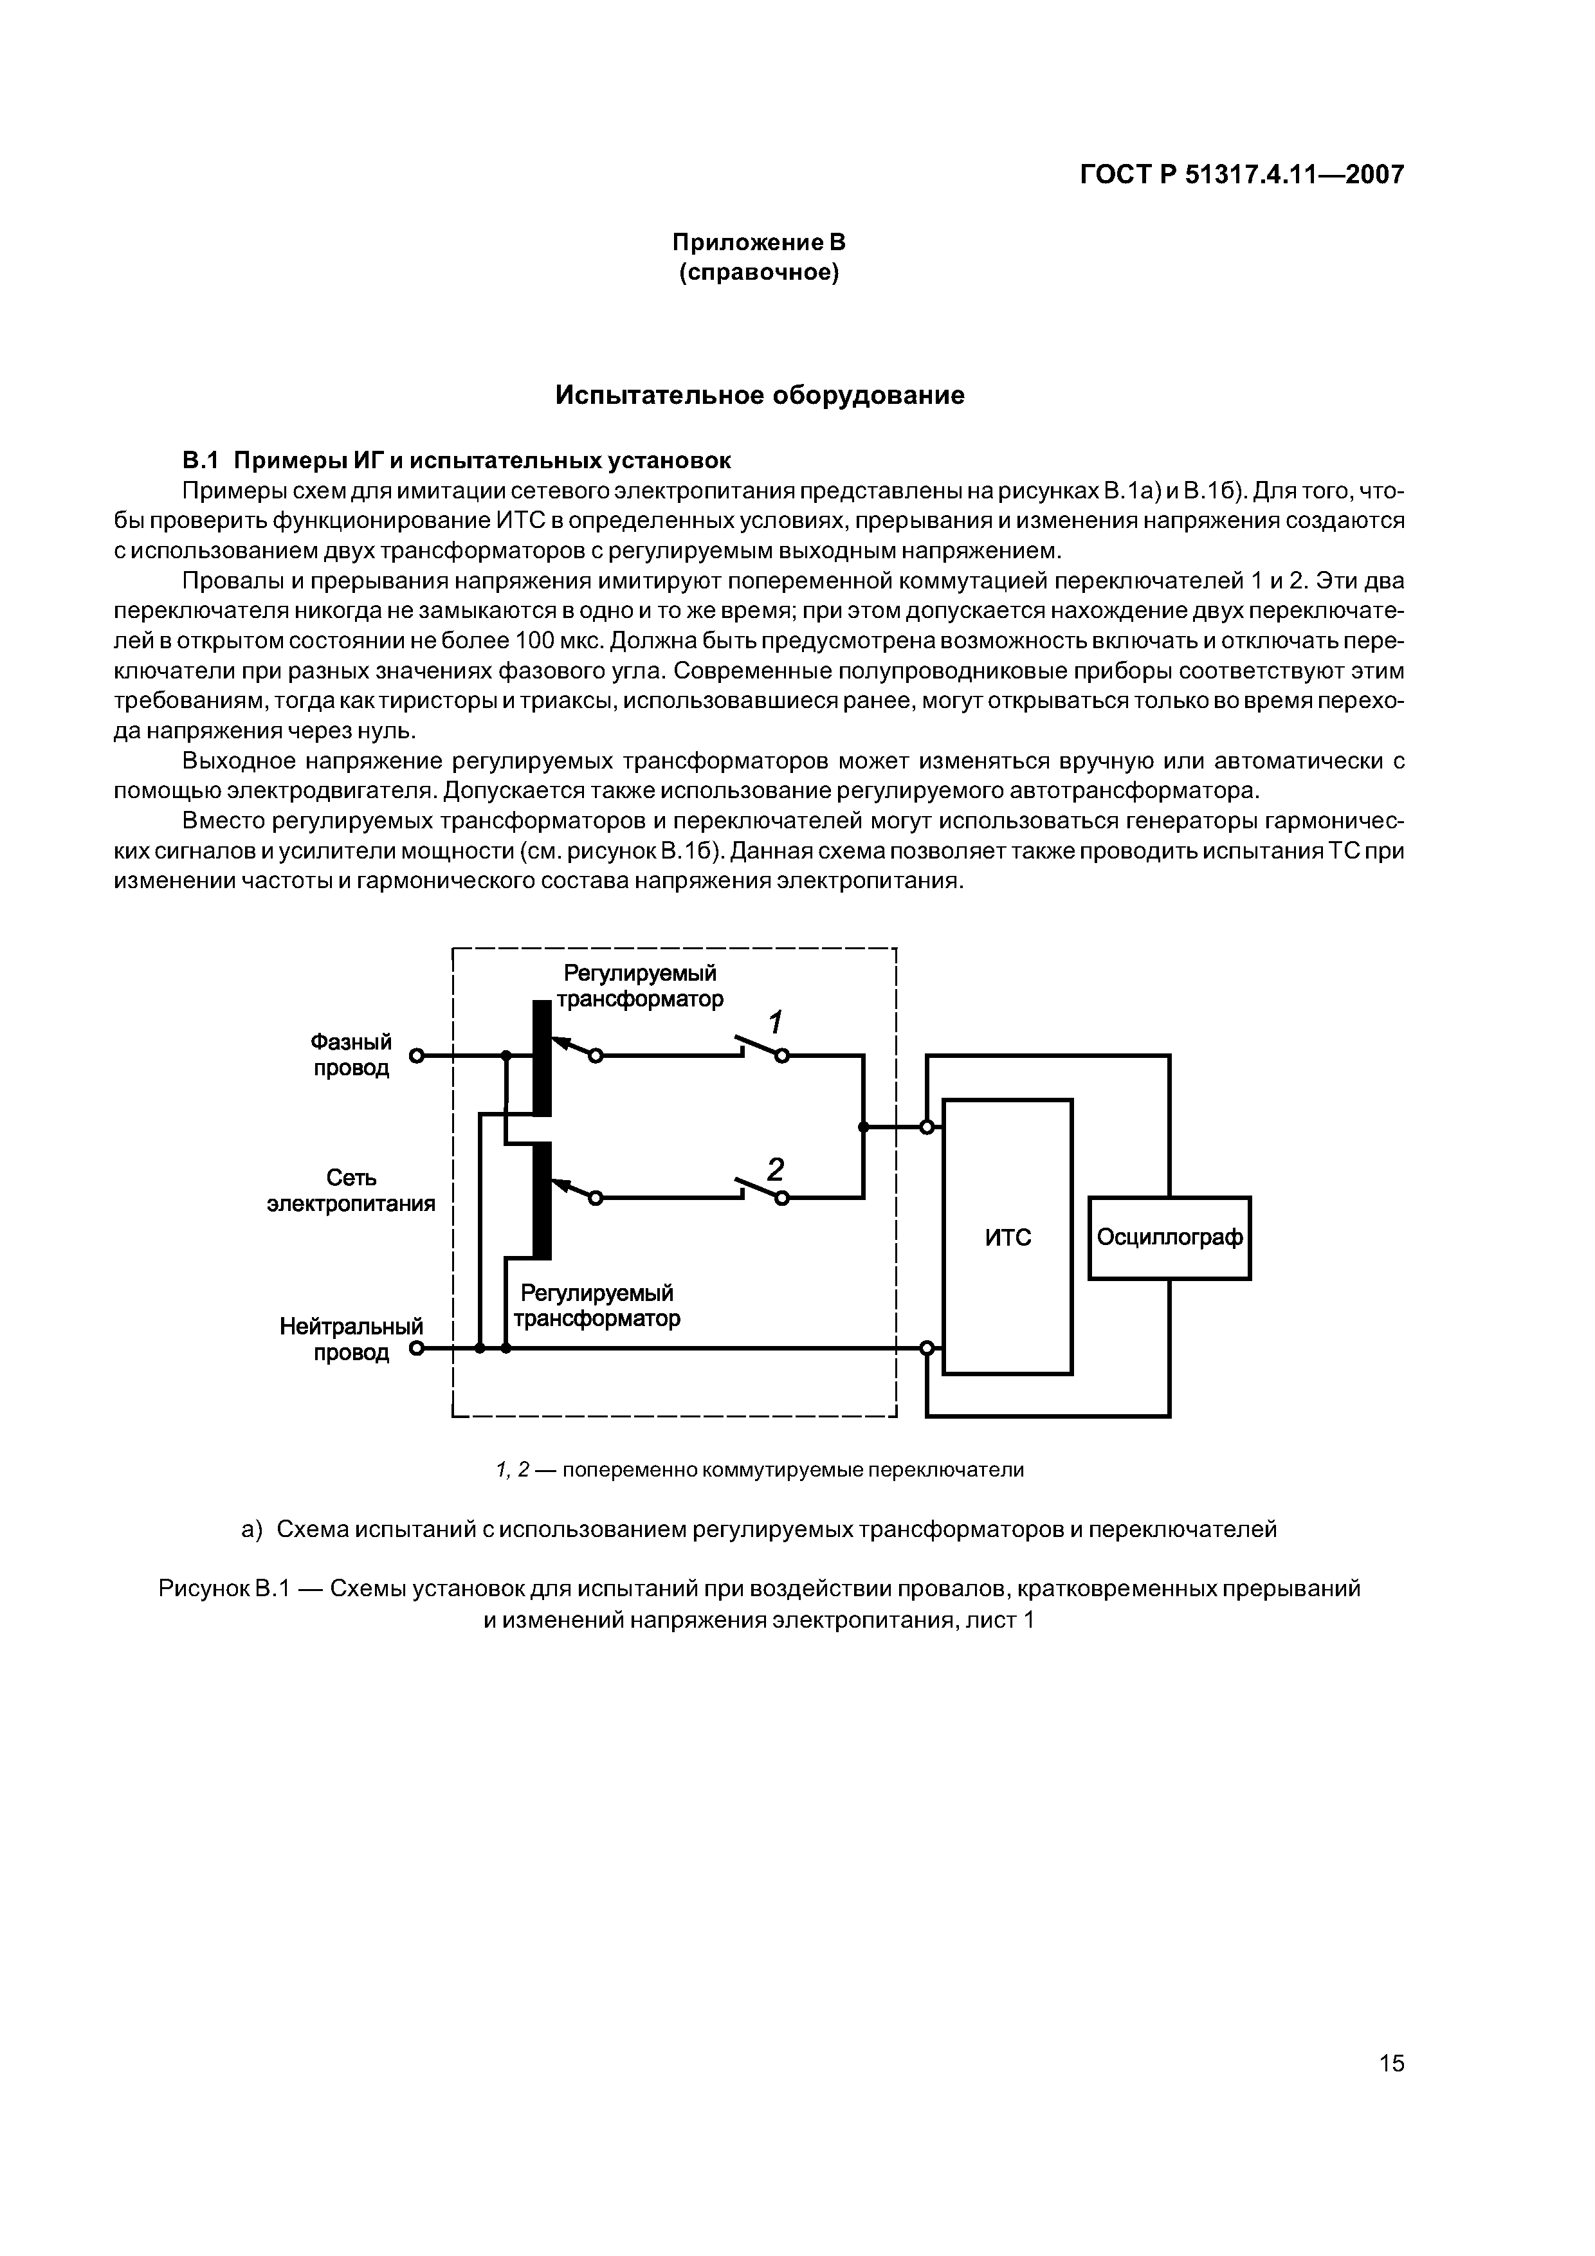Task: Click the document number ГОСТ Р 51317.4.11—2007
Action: point(1242,175)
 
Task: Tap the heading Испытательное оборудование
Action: point(760,395)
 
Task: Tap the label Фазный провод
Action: point(351,1054)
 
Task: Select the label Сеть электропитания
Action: point(351,1190)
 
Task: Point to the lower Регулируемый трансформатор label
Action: point(597,1305)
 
